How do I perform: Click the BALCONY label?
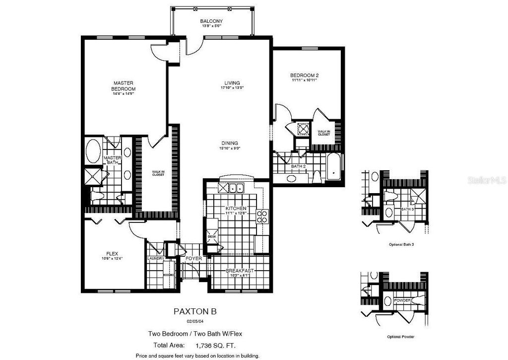[211, 21]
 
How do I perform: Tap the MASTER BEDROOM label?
[124, 86]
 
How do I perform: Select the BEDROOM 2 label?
[304, 75]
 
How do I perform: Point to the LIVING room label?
[232, 83]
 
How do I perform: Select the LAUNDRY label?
[155, 259]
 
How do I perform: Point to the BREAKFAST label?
[240, 271]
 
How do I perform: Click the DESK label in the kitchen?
[212, 237]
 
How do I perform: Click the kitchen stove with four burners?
[262, 216]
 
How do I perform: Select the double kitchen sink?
[232, 188]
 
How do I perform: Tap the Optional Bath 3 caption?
[401, 245]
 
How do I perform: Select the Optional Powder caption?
[401, 336]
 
